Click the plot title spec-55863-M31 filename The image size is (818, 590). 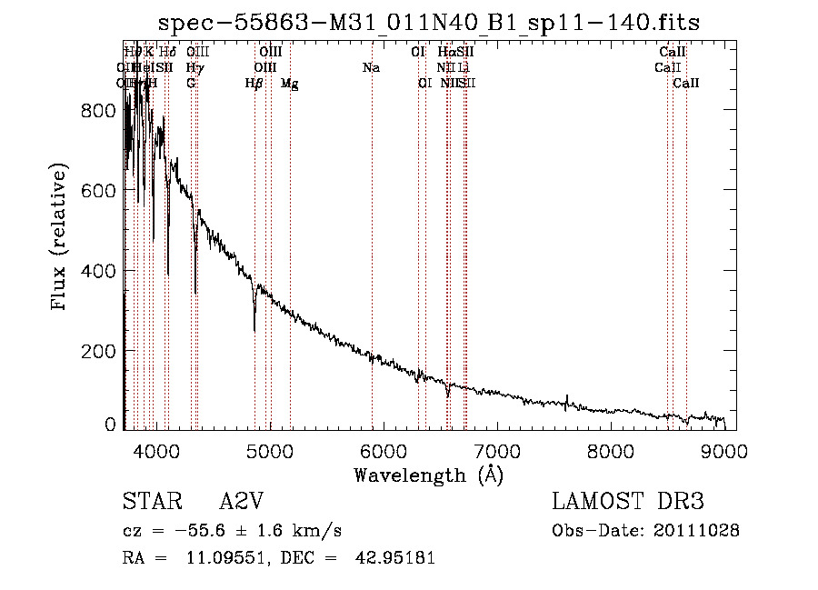point(429,23)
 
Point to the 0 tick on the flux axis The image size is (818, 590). point(110,424)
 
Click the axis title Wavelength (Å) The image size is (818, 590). point(428,475)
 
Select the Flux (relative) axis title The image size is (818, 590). point(61,238)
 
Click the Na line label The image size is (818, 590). point(371,68)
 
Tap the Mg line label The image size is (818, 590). point(290,84)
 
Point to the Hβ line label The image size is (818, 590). point(254,84)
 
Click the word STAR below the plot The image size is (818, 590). point(152,502)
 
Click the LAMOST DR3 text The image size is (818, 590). point(628,502)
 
